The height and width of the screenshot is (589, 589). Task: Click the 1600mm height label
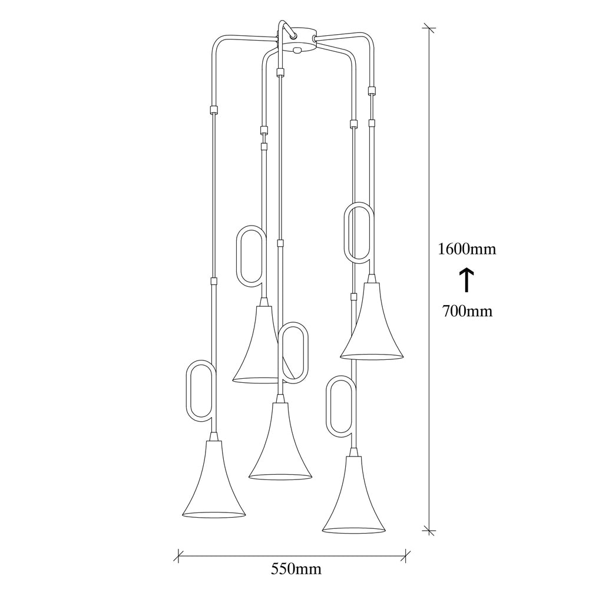point(467,249)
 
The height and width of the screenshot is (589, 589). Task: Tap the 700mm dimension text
point(467,311)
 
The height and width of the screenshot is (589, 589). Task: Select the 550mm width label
point(296,569)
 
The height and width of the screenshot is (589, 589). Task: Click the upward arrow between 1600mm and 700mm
point(466,280)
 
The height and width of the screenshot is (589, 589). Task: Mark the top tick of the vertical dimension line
point(429,28)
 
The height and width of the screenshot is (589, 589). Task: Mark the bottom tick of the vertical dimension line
point(429,531)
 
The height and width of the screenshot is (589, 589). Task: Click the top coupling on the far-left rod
point(214,110)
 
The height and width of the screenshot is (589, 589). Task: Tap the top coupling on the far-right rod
point(372,90)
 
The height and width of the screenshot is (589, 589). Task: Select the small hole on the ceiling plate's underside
point(298,49)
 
